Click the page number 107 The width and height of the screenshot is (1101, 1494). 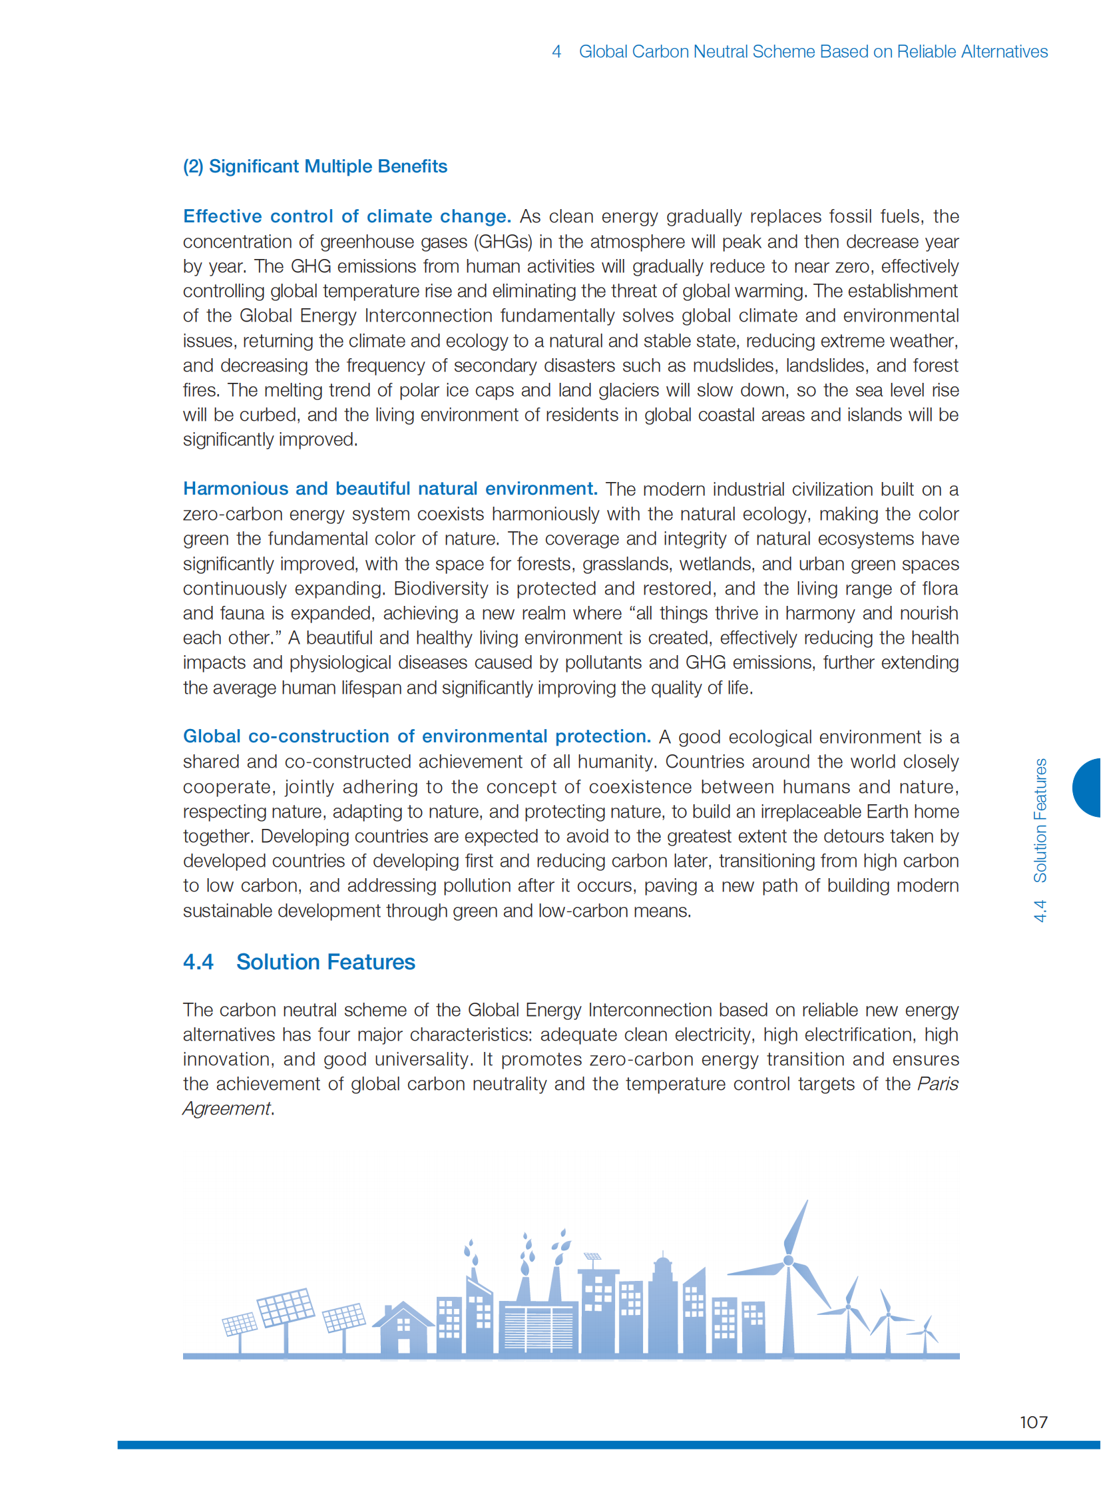[x=1033, y=1422]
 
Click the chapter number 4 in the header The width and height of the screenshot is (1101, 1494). [x=556, y=51]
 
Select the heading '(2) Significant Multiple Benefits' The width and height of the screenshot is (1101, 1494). [x=315, y=166]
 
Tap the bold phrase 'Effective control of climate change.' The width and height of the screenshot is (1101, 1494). [x=347, y=216]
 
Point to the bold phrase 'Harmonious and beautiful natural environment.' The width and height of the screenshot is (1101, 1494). [x=390, y=489]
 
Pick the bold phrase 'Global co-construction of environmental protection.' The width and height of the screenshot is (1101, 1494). [x=417, y=736]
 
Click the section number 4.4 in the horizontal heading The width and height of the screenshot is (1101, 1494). [x=198, y=962]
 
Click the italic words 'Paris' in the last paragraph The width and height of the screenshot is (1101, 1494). [x=938, y=1083]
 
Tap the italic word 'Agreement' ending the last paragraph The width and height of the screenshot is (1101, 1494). [x=226, y=1108]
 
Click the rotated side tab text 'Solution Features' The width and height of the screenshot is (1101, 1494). [x=1040, y=820]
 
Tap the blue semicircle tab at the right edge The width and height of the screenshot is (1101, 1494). [x=1088, y=788]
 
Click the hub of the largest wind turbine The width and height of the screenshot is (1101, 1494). [x=788, y=1260]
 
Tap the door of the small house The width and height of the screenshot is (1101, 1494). [x=403, y=1346]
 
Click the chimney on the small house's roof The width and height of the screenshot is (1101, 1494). [x=389, y=1310]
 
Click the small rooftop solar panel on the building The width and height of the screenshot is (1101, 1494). [x=592, y=1258]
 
